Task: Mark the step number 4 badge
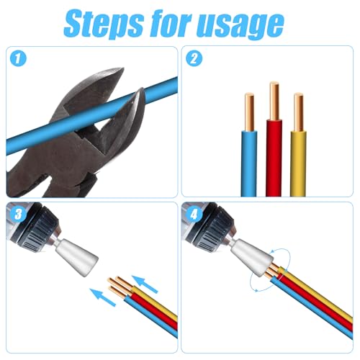tap(193, 213)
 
